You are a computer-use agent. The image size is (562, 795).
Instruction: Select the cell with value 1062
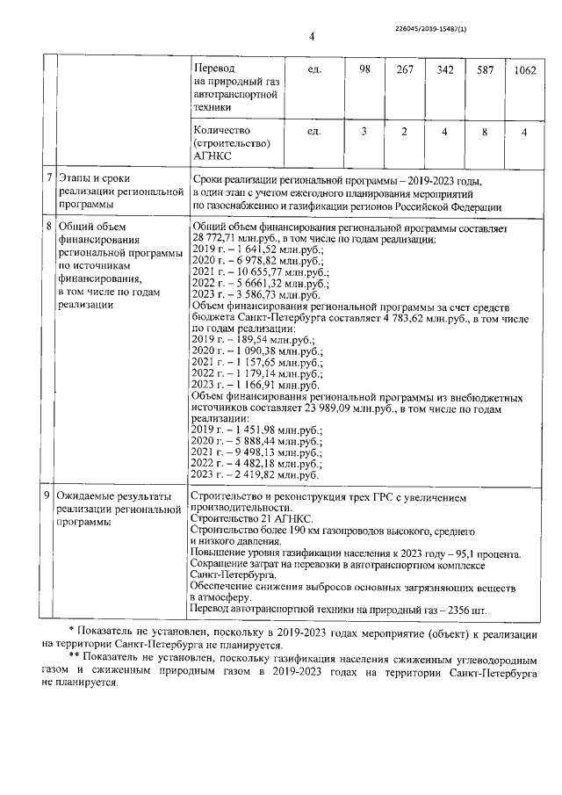[523, 69]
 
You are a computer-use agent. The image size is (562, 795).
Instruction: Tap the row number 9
[49, 496]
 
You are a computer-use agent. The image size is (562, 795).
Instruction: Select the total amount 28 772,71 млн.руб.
[234, 239]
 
